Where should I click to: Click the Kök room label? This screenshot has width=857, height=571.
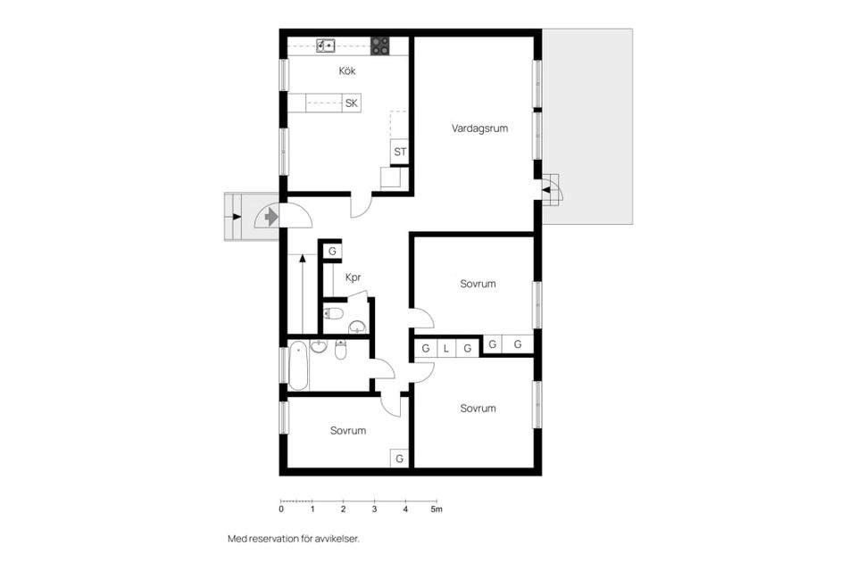[x=347, y=70]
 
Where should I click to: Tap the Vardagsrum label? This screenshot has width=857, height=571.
[x=479, y=128]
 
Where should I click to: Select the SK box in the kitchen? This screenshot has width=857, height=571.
[x=352, y=103]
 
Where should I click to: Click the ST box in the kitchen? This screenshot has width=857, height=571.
[x=400, y=152]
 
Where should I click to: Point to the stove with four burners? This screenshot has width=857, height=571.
[x=380, y=46]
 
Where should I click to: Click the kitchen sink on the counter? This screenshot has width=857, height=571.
[x=326, y=46]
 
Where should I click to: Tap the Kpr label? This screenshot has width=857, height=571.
[x=354, y=277]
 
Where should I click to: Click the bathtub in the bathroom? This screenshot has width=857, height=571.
[x=298, y=366]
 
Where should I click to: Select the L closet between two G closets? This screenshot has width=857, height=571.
[x=446, y=348]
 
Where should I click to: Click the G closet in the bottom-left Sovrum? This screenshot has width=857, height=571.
[x=400, y=459]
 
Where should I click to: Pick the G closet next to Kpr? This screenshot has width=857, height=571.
[x=332, y=252]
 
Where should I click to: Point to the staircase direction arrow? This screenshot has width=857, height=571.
[x=303, y=294]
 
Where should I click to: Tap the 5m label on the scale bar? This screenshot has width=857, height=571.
[x=437, y=509]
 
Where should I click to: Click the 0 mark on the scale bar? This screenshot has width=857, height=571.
[x=281, y=509]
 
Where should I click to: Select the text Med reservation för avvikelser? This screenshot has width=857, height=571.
[x=294, y=539]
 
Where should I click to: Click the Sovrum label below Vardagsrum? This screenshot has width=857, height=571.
[x=478, y=284]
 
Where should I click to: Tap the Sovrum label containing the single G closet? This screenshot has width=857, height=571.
[x=348, y=431]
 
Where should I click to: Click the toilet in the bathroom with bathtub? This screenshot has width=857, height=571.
[x=340, y=350]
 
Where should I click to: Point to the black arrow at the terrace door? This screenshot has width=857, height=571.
[x=545, y=190]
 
